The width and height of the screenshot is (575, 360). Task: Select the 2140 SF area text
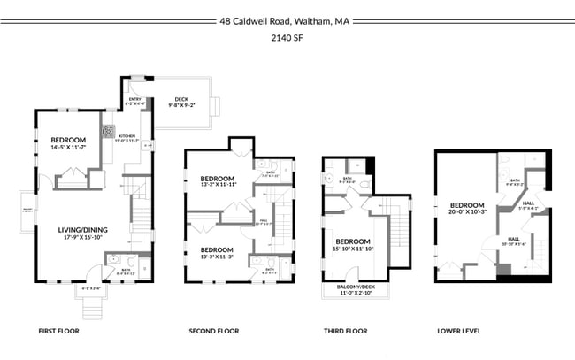click(287, 39)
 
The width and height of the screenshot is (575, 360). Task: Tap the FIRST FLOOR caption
click(60, 331)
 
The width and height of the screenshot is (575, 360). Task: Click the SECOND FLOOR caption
click(214, 331)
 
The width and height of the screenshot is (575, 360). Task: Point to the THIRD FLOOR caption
click(346, 331)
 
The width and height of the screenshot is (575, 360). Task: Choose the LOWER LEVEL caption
click(459, 331)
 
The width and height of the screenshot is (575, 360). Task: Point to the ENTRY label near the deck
click(134, 100)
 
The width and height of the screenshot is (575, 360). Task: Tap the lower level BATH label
click(515, 182)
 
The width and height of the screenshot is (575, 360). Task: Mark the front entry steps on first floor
click(90, 305)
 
